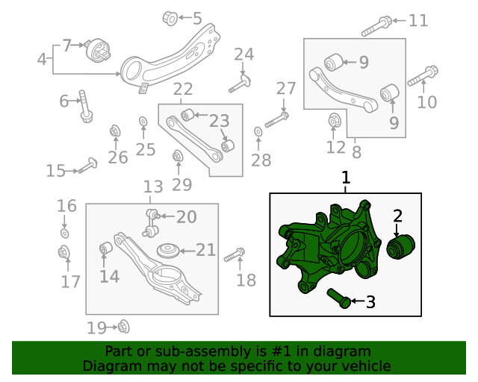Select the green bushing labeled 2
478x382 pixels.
coord(403,246)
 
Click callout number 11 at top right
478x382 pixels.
coord(418,21)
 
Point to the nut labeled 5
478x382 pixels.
coord(170,17)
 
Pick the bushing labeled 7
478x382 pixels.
coord(98,52)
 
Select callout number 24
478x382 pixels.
coord(243,54)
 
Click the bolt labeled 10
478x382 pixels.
coord(423,76)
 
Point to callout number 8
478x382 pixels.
coord(356,151)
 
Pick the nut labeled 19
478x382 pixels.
coord(123,326)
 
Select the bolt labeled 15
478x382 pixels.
coord(88,165)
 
